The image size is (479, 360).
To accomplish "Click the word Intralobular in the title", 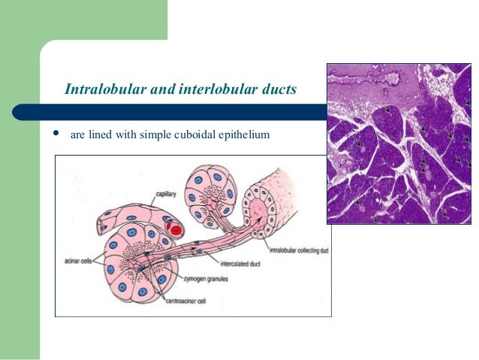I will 102,90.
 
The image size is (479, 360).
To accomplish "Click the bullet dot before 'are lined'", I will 54,135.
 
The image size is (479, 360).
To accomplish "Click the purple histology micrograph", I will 398,143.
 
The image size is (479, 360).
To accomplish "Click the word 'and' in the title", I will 158,90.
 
